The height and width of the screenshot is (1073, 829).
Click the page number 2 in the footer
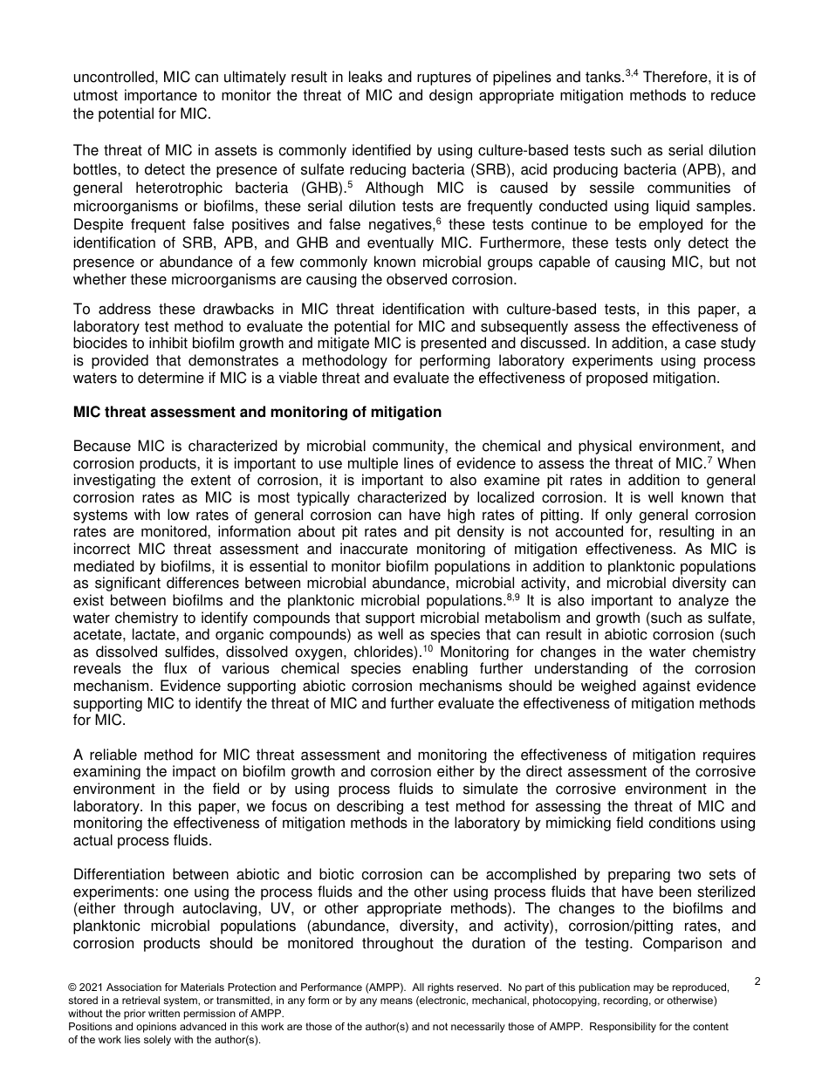757,981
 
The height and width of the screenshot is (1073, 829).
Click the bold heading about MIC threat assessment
257,412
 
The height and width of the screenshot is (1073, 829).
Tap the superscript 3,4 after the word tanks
632,73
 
